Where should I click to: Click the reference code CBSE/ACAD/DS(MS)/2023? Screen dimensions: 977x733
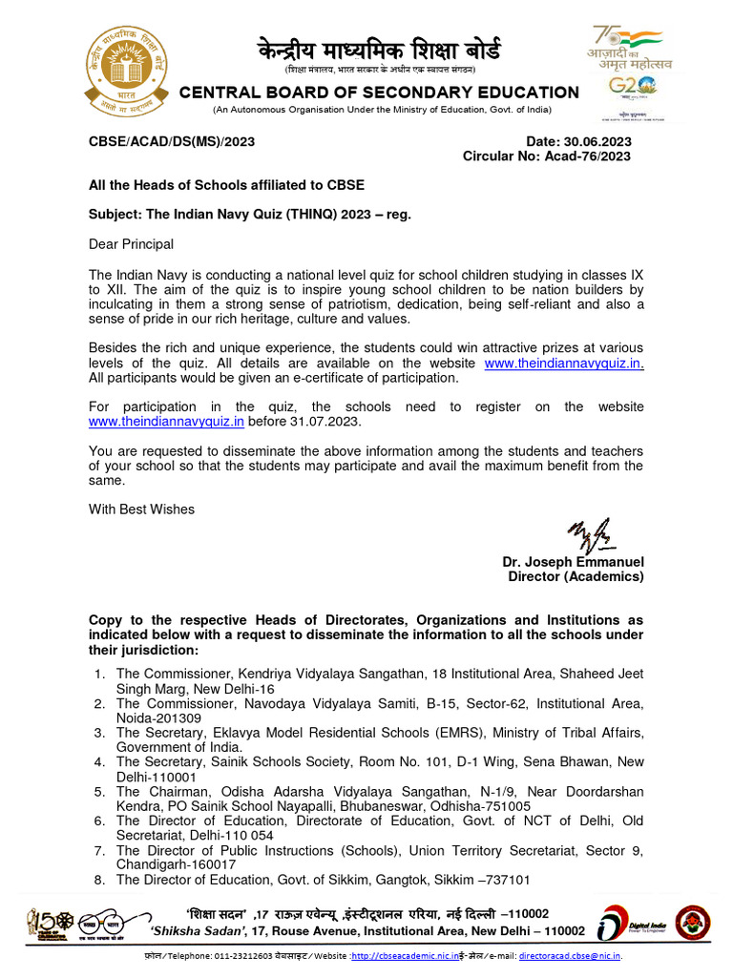[172, 141]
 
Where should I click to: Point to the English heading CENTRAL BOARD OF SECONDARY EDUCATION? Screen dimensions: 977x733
[379, 93]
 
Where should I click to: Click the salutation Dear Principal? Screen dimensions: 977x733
[131, 244]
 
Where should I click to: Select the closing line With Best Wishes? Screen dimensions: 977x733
[141, 509]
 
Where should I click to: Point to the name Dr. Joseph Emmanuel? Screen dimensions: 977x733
[573, 562]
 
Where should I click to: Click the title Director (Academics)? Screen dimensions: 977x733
[576, 576]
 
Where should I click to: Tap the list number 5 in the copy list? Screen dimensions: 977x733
[98, 792]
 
